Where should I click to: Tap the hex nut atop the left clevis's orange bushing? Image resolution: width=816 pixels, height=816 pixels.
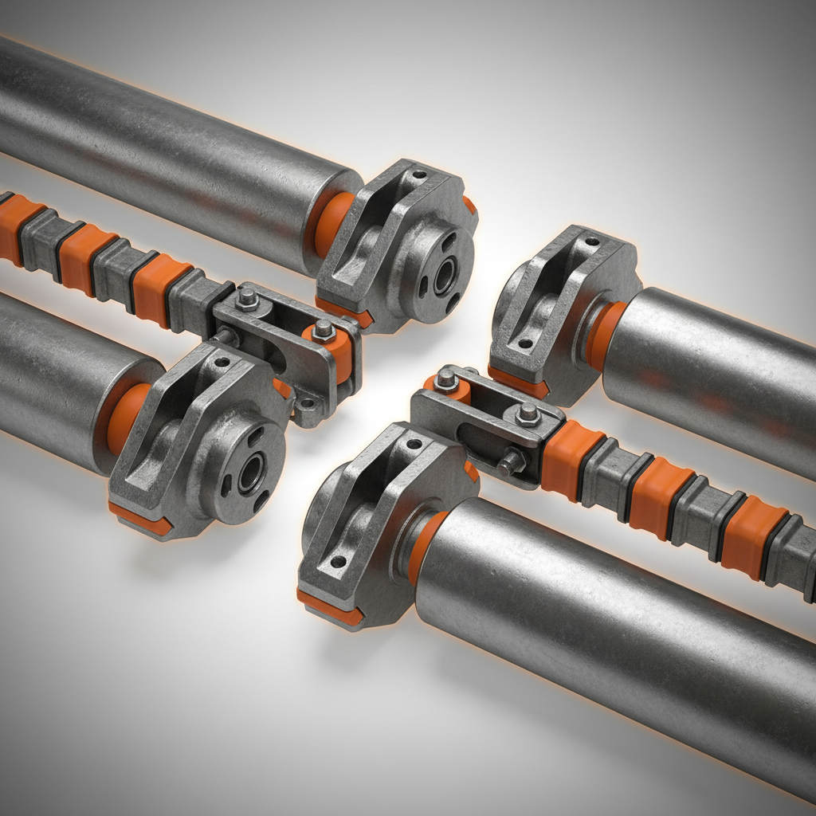pyautogui.click(x=322, y=329)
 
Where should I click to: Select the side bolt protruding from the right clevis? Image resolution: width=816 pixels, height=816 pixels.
pyautogui.click(x=510, y=461)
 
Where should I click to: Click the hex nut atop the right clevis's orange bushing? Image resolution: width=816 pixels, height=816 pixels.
pyautogui.click(x=447, y=380)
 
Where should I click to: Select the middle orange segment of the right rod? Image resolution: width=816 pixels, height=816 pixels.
pyautogui.click(x=657, y=496)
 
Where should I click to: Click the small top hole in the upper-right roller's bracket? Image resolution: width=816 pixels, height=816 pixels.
pyautogui.click(x=590, y=240)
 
